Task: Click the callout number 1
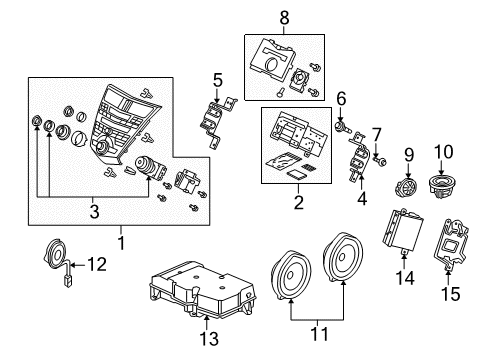point(121,241)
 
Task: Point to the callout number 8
point(285,17)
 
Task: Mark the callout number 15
point(449,295)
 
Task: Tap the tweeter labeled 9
point(408,187)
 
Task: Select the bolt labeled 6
point(343,128)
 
